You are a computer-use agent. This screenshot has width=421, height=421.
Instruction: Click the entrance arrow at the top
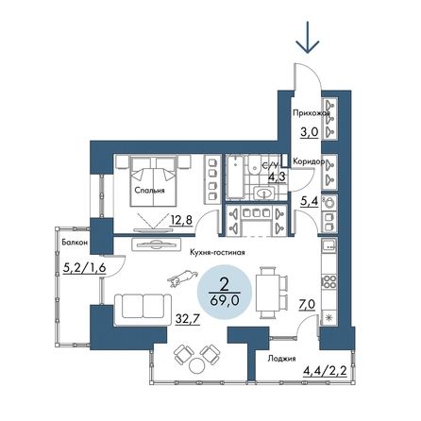[x=307, y=37]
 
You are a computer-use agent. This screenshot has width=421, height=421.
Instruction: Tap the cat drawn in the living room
[x=182, y=278]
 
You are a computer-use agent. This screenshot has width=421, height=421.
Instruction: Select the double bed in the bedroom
[x=153, y=182]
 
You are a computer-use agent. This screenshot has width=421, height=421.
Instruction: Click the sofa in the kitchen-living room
[x=143, y=310]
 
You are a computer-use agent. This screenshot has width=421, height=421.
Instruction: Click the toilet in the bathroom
[x=254, y=165]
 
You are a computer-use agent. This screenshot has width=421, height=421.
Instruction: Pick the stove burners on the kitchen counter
[x=329, y=281]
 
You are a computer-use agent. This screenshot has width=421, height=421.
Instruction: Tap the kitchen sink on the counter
[x=329, y=244]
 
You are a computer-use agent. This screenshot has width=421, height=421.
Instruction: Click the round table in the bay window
[x=197, y=365]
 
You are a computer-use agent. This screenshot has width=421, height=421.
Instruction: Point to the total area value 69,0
[x=224, y=301]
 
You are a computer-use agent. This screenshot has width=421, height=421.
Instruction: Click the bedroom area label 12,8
[x=180, y=220]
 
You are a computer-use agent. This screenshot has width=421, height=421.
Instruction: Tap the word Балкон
[x=75, y=243]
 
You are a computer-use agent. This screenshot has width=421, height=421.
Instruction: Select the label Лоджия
[x=281, y=359]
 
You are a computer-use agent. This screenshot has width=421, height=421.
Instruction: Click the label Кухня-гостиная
[x=217, y=252]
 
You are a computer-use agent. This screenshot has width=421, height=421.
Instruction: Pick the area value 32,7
[x=187, y=319]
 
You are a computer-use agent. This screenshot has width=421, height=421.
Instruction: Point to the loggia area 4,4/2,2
[x=325, y=370]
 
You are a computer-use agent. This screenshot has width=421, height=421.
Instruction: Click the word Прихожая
[x=312, y=112]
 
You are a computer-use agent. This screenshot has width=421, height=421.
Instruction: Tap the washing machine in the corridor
[x=329, y=203]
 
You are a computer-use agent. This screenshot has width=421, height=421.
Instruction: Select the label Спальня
[x=149, y=190]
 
